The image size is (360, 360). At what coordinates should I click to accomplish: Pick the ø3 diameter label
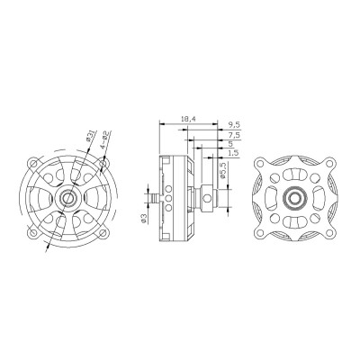143,216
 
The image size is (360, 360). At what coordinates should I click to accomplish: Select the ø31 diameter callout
88,138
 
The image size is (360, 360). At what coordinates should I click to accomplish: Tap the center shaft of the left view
67,195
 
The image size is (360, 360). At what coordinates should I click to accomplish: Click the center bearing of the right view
292,195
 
